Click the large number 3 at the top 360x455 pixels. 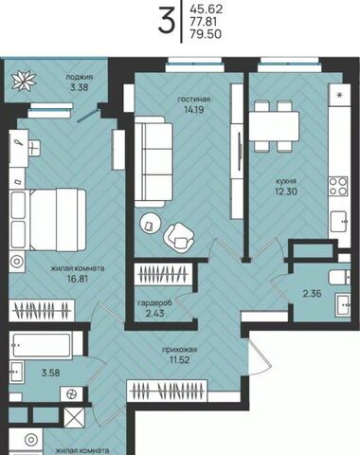pos(166,21)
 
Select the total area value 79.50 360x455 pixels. pos(206,34)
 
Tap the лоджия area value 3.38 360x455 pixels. pos(80,87)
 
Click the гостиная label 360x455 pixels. pos(194,100)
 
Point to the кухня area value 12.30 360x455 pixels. pos(286,191)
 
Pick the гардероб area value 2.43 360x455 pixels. pos(155,314)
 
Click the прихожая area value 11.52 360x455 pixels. pos(179,359)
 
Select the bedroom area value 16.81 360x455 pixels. pos(78,279)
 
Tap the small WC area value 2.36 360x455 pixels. pos(312,294)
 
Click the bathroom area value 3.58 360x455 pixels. pos(50,373)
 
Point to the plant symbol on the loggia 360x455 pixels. pos(24,81)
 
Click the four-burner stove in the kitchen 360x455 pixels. pos(338,187)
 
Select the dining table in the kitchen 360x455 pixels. pos(274,126)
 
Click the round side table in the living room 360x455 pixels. pos(151,223)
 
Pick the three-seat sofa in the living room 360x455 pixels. pos(153,162)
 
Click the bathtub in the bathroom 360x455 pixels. pos(41,345)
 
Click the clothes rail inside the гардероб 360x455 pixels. pos(162,274)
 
